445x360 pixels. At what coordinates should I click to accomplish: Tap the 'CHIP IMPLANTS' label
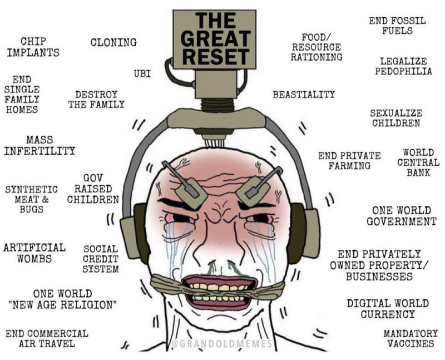point(34,47)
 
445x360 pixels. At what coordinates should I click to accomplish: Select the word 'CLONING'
point(113,42)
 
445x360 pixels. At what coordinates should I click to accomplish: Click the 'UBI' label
point(143,73)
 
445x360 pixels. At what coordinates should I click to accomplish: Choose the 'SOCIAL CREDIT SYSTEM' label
point(100,259)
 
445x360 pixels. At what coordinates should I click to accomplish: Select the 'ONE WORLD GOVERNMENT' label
point(401,216)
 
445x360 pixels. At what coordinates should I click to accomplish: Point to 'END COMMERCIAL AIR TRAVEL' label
point(47,338)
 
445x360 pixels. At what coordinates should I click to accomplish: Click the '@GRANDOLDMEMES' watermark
point(220,344)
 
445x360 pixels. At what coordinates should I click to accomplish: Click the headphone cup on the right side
point(304,230)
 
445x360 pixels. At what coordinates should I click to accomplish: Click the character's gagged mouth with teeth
point(220,290)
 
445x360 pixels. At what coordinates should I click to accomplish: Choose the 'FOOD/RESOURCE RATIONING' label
point(316,47)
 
